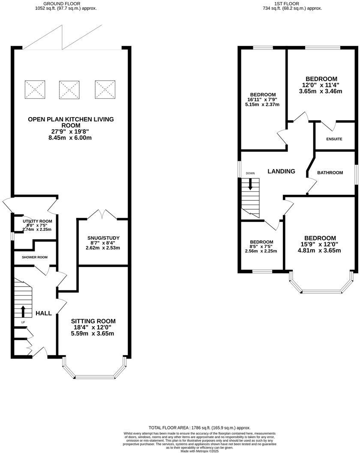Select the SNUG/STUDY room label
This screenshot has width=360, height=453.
click(x=103, y=238)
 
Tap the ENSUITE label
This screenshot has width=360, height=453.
click(x=334, y=139)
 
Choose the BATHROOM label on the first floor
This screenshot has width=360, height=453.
click(x=330, y=172)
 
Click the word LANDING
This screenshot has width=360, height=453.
click(x=281, y=171)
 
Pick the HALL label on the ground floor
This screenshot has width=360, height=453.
click(x=44, y=313)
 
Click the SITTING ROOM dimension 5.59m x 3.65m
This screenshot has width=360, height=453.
click(x=93, y=333)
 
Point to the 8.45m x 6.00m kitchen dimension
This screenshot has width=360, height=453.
click(x=71, y=138)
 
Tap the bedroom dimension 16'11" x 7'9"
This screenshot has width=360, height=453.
click(x=263, y=100)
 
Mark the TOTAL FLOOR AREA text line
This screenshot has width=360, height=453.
click(x=199, y=428)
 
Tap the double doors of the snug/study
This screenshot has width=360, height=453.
click(x=102, y=214)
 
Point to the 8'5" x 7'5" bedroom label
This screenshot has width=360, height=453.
click(x=261, y=247)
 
